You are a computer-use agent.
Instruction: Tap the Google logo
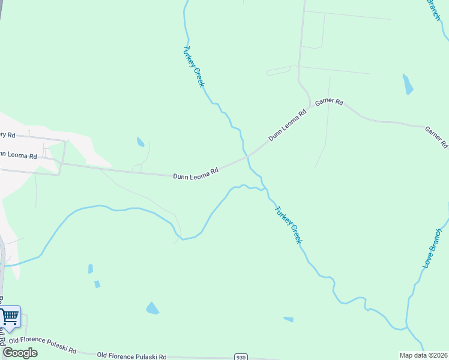[20, 353]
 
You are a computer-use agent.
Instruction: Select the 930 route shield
[240, 357]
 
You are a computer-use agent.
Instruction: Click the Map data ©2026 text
[423, 355]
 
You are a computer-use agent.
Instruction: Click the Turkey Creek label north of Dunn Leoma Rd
[194, 66]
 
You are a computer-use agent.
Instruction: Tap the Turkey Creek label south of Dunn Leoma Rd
[288, 224]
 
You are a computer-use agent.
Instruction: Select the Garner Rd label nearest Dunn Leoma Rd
[329, 102]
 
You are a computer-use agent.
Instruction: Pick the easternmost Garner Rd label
[436, 137]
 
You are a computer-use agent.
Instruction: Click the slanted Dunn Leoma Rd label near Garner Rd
[287, 125]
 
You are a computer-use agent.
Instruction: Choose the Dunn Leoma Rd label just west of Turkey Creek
[195, 175]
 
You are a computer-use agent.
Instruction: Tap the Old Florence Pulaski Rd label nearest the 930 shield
[131, 356]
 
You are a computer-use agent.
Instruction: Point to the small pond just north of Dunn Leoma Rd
[140, 142]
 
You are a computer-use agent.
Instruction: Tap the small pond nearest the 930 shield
[289, 319]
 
